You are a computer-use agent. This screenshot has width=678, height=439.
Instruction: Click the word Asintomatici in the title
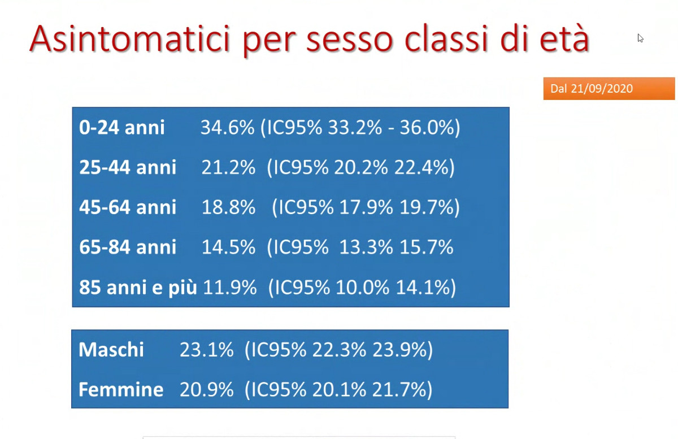pyautogui.click(x=130, y=39)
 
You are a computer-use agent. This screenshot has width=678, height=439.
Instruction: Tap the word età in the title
pyautogui.click(x=564, y=37)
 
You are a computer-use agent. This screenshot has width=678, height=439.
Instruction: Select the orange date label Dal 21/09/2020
pyautogui.click(x=609, y=88)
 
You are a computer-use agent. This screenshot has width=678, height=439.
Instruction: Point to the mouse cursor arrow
pyautogui.click(x=640, y=38)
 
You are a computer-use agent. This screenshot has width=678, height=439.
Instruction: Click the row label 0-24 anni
pyautogui.click(x=121, y=127)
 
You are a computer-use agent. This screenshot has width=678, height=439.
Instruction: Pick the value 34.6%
pyautogui.click(x=228, y=127)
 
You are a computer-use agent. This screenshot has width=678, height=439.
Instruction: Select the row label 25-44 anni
pyautogui.click(x=128, y=167)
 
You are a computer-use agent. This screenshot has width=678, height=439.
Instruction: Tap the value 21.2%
pyautogui.click(x=228, y=167)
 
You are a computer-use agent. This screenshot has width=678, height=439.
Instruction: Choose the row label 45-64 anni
pyautogui.click(x=128, y=207)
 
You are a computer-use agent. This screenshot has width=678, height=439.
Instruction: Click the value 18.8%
pyautogui.click(x=228, y=207)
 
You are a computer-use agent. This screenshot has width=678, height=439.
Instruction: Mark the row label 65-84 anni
pyautogui.click(x=128, y=247)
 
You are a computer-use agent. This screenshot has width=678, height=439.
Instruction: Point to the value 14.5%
pyautogui.click(x=228, y=247)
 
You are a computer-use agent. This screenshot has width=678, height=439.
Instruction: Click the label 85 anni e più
pyautogui.click(x=138, y=287)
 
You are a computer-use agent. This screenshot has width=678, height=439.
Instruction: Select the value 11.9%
pyautogui.click(x=230, y=287)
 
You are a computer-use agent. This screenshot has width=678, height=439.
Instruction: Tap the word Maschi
pyautogui.click(x=111, y=349)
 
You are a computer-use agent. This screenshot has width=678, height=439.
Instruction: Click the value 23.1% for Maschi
pyautogui.click(x=206, y=350)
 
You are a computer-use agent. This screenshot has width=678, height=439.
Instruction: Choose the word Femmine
pyautogui.click(x=121, y=389)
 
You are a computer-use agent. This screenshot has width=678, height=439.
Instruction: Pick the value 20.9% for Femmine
pyautogui.click(x=206, y=389)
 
